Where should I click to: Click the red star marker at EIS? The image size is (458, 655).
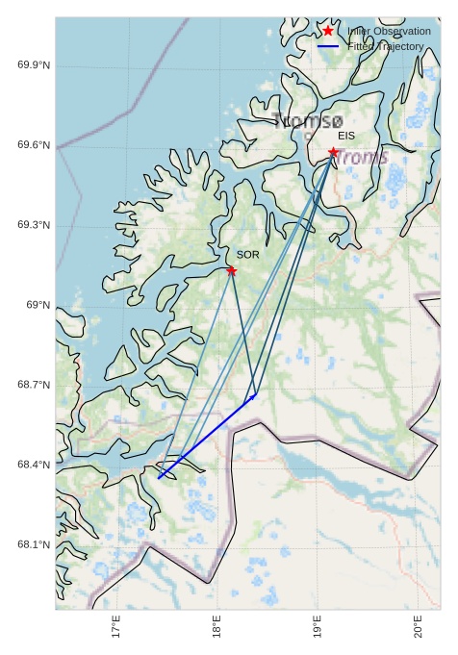(333, 152)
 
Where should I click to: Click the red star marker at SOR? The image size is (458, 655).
(232, 271)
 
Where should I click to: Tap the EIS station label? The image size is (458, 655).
(346, 137)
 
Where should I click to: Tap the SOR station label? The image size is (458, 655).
(248, 255)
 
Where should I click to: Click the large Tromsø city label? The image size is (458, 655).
(308, 121)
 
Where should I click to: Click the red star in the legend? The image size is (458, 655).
(328, 31)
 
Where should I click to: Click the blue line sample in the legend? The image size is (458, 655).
(328, 46)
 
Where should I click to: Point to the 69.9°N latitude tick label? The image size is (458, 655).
(34, 65)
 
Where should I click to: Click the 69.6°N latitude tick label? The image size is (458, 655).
(34, 145)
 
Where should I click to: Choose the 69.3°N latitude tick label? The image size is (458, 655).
(34, 225)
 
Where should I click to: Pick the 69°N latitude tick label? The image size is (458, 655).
(38, 305)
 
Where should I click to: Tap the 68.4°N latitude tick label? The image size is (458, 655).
(34, 466)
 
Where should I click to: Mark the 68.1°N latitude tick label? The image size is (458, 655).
(34, 545)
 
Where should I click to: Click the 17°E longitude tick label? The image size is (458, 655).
(116, 627)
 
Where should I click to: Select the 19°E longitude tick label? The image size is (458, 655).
(318, 627)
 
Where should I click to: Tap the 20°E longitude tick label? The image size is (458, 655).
(418, 627)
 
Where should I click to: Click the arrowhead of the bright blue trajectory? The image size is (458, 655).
(254, 394)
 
